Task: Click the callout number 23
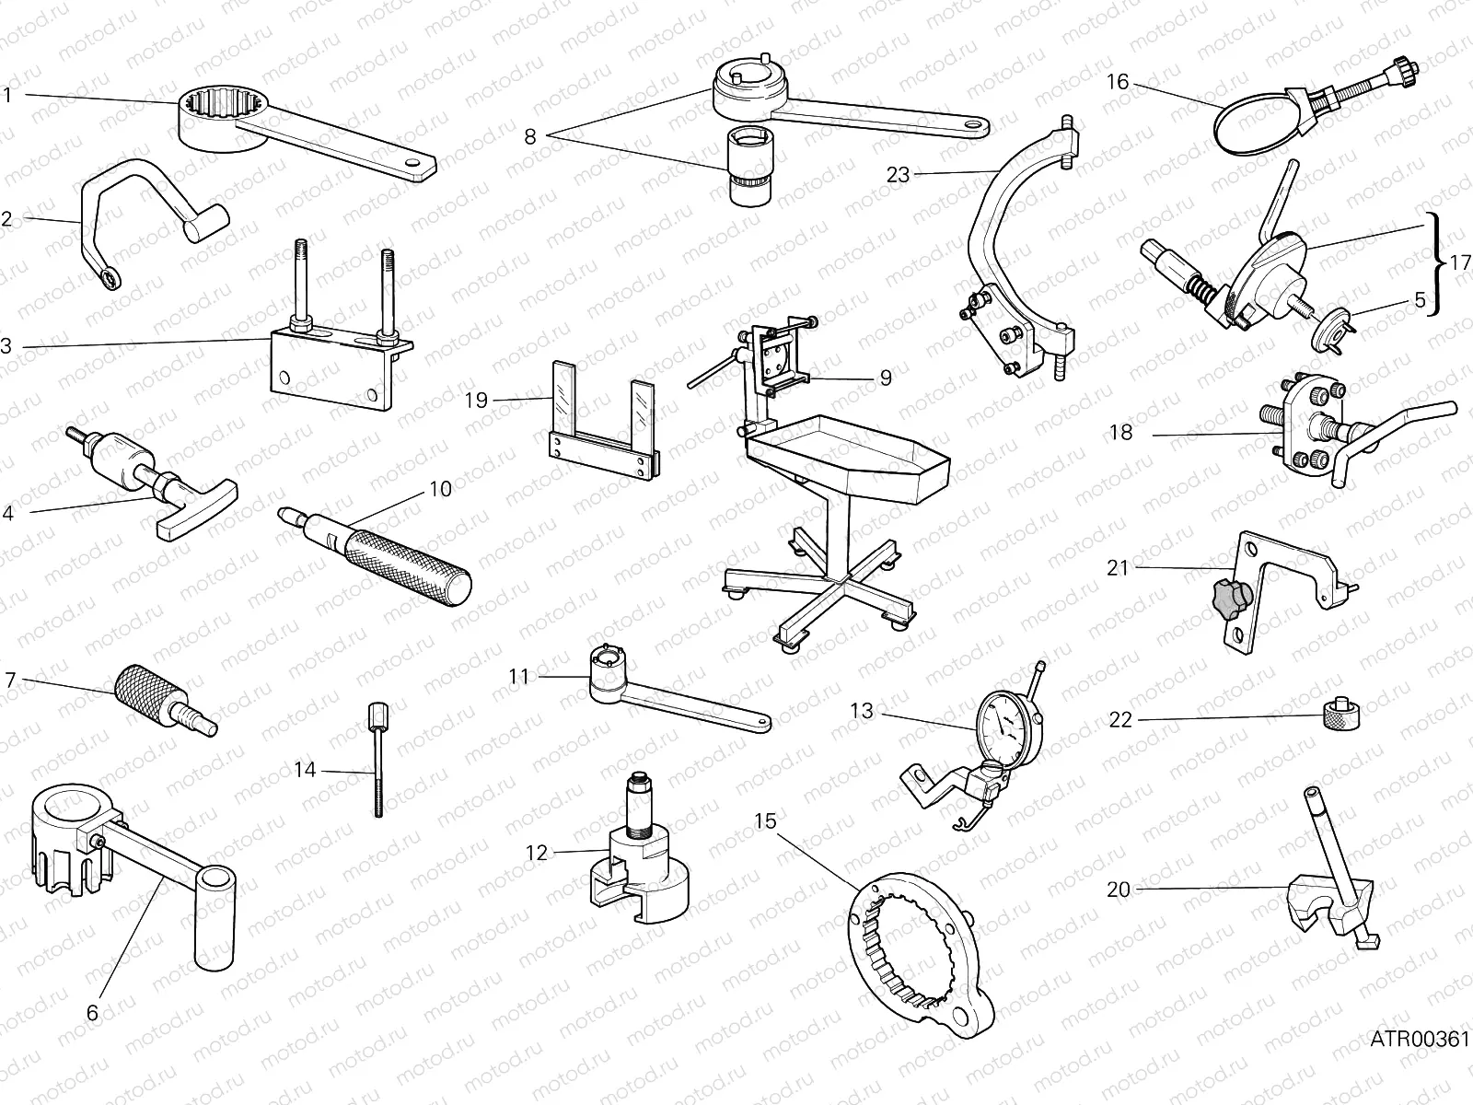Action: pos(897,174)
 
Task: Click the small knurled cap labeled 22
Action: pos(1339,716)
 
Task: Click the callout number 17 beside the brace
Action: pos(1460,262)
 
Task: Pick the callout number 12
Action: pos(536,854)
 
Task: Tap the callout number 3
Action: pos(6,347)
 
